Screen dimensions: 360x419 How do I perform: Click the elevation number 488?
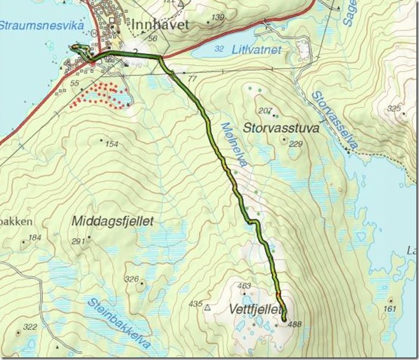click(294, 324)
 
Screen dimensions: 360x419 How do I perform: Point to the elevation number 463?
click(244, 287)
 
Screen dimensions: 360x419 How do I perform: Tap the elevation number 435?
click(195, 305)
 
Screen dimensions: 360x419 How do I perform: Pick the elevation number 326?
click(132, 279)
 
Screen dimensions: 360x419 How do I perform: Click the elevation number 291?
click(78, 241)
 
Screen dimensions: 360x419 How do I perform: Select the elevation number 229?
click(295, 144)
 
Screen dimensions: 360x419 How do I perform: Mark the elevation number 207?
click(266, 111)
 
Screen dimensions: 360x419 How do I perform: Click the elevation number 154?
click(111, 144)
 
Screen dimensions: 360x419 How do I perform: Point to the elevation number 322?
click(30, 327)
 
